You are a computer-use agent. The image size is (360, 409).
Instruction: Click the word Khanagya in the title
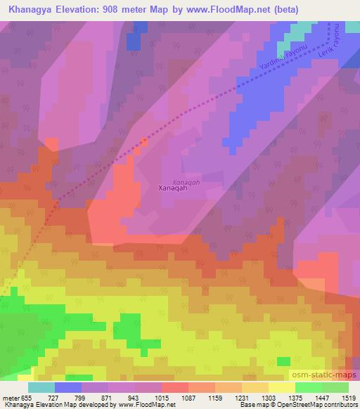point(37,9)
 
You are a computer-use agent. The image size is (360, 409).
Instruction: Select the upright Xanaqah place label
point(172,188)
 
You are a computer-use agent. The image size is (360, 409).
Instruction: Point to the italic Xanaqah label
point(176,181)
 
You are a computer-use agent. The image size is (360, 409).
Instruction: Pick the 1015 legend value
point(161,397)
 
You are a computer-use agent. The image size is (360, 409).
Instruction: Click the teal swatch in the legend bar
point(41,387)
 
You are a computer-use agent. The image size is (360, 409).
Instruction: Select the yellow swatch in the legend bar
point(281,387)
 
